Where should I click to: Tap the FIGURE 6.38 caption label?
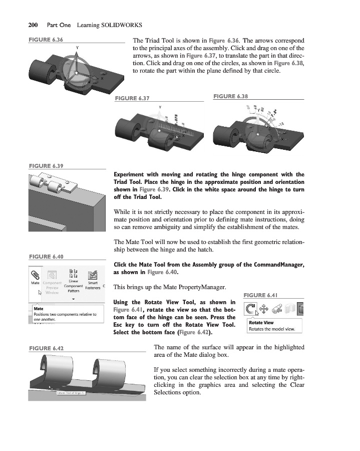[230, 96]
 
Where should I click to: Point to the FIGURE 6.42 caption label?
[46, 348]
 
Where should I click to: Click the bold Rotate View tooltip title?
[261, 323]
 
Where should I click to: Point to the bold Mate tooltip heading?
[38, 309]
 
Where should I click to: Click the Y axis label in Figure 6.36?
[77, 47]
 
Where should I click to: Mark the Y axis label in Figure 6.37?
[160, 107]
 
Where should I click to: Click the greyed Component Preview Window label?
[52, 288]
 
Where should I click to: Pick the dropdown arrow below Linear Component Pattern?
[73, 299]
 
